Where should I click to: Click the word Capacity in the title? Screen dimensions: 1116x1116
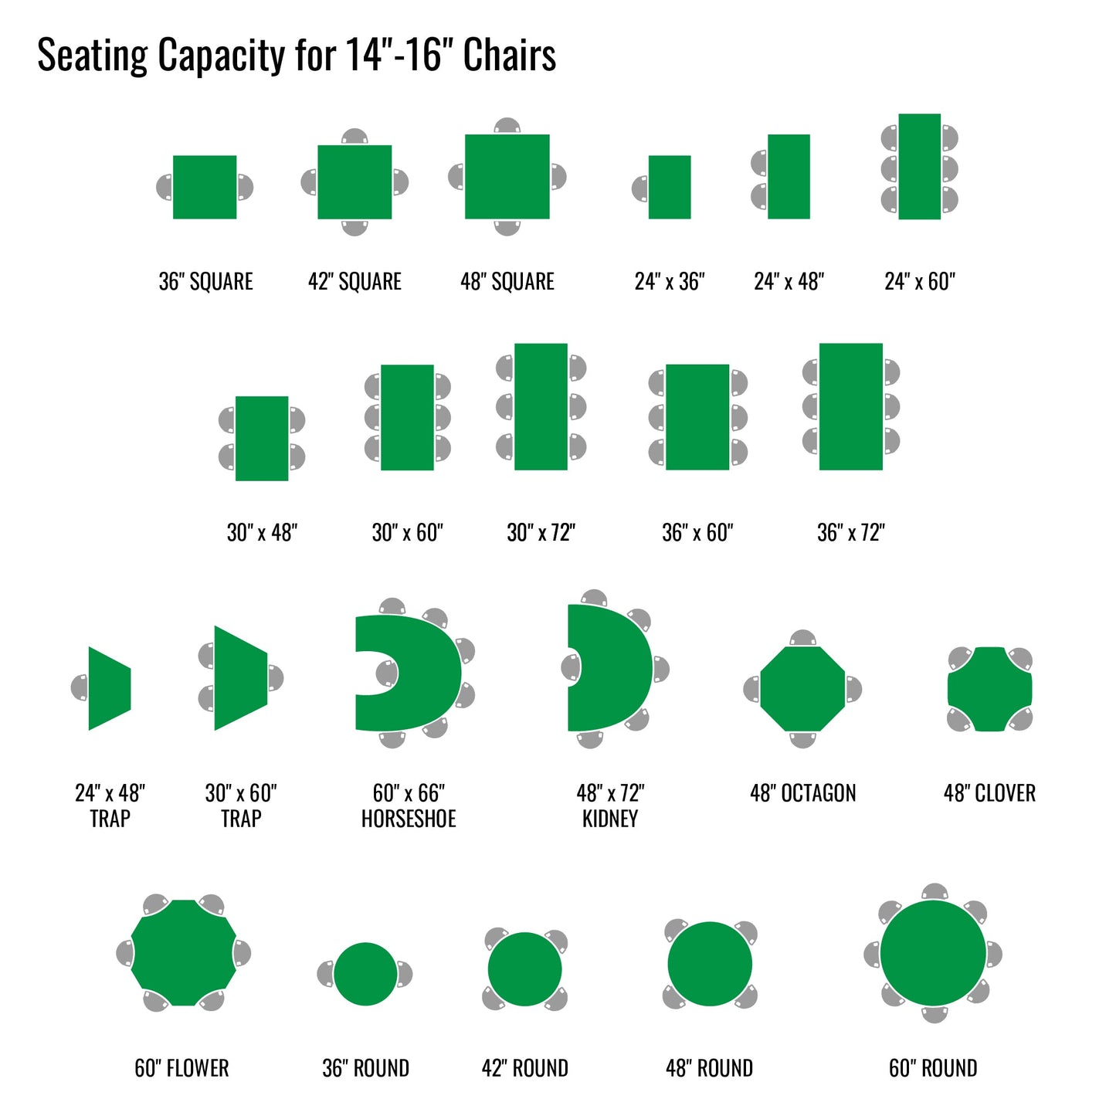[222, 55]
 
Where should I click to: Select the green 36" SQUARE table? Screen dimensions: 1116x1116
[205, 187]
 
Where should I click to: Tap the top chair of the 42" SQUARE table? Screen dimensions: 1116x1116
[354, 137]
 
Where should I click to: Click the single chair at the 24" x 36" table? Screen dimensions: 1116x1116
[640, 188]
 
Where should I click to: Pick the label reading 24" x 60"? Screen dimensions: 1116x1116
[919, 281]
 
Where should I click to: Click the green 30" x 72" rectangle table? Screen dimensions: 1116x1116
[541, 406]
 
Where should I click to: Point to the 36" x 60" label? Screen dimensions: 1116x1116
[697, 532]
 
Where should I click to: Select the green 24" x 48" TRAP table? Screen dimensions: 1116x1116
[110, 688]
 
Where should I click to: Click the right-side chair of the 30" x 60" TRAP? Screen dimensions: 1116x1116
[275, 678]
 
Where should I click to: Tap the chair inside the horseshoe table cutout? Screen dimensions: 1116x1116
[387, 673]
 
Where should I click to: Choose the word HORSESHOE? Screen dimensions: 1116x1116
[409, 819]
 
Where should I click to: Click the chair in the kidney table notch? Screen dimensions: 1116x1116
[571, 668]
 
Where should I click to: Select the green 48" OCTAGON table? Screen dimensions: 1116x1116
[802, 689]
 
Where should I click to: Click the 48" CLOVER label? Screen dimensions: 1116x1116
[989, 793]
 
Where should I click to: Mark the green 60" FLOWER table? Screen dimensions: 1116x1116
[183, 953]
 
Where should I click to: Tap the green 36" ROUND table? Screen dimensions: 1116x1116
[365, 974]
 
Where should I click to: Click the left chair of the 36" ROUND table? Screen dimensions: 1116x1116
[326, 974]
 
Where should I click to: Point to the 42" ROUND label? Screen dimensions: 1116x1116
[524, 1068]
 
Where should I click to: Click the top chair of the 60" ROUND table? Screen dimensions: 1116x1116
[935, 893]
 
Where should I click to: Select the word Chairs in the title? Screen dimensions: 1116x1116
[510, 55]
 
